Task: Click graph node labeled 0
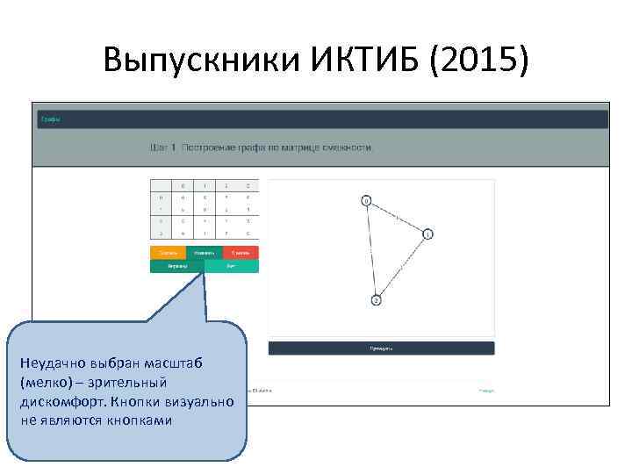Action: pos(367,200)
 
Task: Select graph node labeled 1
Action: pos(427,234)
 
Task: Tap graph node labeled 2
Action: pos(376,300)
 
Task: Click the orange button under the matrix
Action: pos(168,253)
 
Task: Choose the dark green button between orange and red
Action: pos(204,253)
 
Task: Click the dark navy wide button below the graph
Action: pos(381,348)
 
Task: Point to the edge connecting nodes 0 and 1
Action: pos(398,217)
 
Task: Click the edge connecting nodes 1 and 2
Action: pos(402,267)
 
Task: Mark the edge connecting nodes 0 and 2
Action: pos(371,250)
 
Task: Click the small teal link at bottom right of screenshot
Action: pos(485,391)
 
